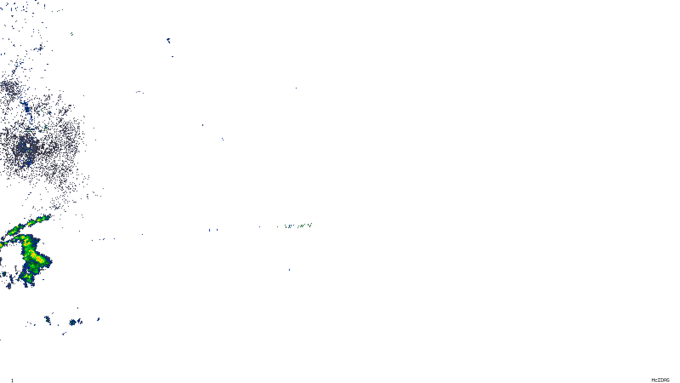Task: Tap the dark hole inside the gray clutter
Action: point(28,145)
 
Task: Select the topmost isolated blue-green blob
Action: point(169,40)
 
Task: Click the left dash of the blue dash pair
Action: point(210,230)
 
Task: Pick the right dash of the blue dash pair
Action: point(217,230)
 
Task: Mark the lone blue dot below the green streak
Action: point(289,269)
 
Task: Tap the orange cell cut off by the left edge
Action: point(1,246)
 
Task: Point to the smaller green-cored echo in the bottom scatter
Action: point(48,319)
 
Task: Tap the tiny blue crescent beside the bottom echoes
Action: point(98,319)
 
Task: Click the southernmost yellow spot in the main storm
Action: point(28,277)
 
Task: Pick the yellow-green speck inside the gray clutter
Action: point(45,127)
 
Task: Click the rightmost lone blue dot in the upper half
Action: point(296,88)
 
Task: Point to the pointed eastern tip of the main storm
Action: point(51,260)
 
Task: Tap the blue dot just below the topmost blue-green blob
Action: point(173,56)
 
